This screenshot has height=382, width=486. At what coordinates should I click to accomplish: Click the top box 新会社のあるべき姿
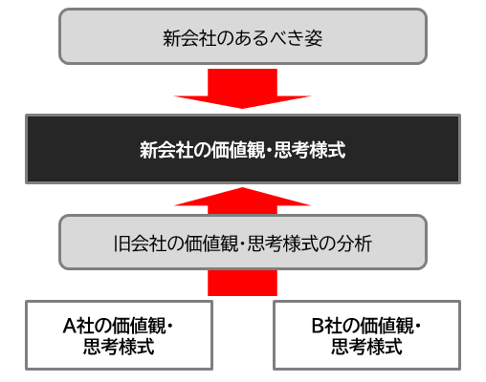[243, 36]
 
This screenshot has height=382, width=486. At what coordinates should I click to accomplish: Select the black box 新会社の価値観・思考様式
[243, 149]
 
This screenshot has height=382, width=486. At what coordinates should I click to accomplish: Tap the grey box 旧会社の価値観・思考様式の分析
[243, 243]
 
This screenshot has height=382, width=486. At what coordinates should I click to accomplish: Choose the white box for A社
[119, 335]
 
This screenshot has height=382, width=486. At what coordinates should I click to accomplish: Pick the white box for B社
[366, 335]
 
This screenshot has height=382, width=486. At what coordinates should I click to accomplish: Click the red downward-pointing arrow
[242, 89]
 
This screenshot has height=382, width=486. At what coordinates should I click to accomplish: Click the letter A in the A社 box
[69, 326]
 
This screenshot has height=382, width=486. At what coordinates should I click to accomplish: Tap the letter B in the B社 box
[318, 326]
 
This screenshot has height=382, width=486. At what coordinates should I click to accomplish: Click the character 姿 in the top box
[314, 38]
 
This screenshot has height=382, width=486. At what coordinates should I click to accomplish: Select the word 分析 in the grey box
[354, 244]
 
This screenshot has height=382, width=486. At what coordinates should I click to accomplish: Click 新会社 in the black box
[166, 150]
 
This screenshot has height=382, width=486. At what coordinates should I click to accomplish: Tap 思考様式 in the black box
[310, 150]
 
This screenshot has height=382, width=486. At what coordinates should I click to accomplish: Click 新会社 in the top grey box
[189, 38]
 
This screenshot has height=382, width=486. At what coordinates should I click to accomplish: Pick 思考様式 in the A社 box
[119, 347]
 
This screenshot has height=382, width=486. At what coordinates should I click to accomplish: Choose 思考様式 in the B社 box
[366, 347]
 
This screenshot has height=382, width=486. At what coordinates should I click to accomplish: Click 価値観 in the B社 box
[387, 326]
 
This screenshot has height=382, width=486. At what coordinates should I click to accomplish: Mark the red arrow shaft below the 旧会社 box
[242, 283]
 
